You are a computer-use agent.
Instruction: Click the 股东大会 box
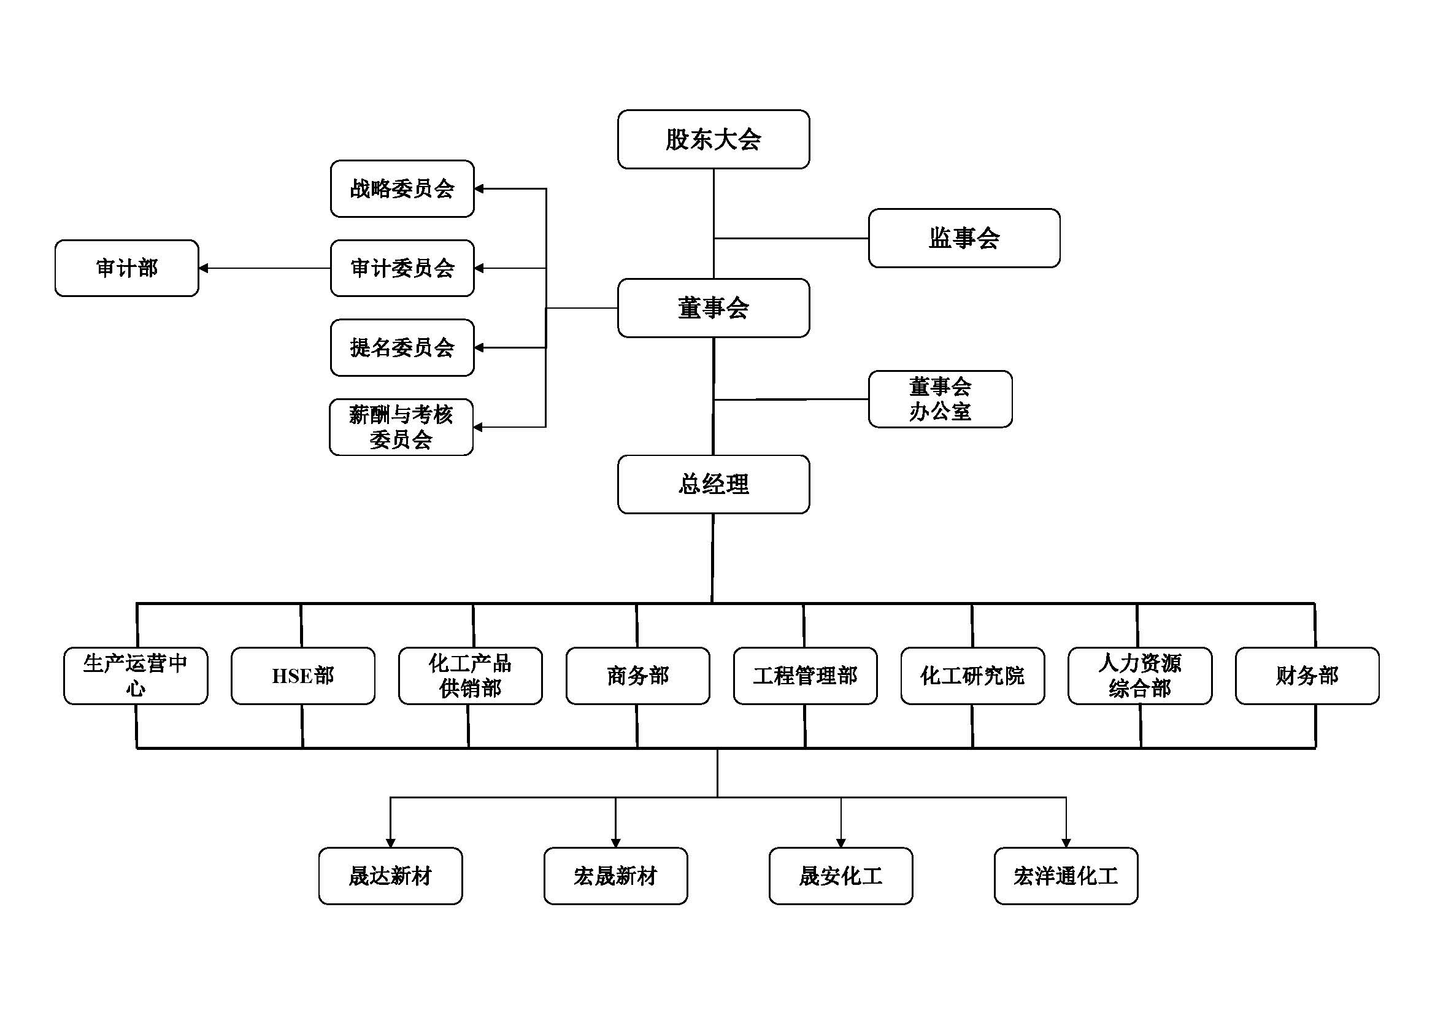tap(713, 139)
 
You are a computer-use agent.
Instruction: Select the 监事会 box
tap(964, 238)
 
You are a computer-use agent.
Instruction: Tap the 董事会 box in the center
tap(713, 308)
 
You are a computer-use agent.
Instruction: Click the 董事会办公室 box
tap(940, 399)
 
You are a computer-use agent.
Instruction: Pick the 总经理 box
tap(713, 484)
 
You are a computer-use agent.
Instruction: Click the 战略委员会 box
tap(402, 189)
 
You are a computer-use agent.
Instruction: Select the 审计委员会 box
tap(402, 268)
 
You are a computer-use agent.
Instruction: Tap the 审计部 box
tap(127, 268)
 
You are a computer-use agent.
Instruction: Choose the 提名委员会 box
tap(402, 347)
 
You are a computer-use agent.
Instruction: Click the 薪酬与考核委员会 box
tap(401, 427)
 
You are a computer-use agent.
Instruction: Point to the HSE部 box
tap(303, 676)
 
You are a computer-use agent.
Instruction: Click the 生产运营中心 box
tap(136, 676)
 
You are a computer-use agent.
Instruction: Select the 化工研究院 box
tap(972, 676)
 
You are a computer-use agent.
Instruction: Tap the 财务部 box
tap(1307, 676)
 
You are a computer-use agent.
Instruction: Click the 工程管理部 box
tap(805, 676)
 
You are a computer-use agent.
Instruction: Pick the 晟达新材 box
tap(391, 876)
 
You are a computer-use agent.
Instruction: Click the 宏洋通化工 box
tap(1066, 876)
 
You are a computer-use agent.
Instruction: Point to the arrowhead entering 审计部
tap(204, 268)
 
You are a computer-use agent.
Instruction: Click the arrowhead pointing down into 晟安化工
tap(841, 843)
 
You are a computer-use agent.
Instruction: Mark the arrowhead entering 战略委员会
tap(479, 189)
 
